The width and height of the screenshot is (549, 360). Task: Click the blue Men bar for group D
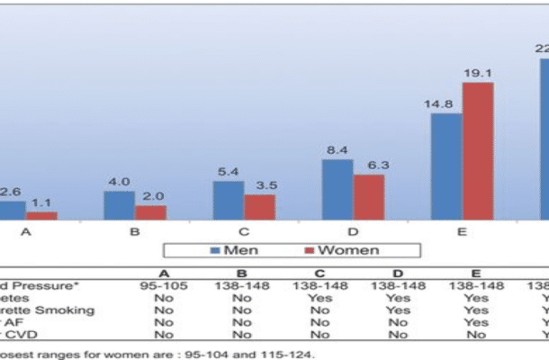(337, 189)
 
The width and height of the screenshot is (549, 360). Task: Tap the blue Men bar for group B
(119, 205)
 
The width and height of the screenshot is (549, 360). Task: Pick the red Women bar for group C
(259, 207)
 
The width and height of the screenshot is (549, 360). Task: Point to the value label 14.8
(445, 104)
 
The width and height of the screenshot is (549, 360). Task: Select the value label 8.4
(337, 150)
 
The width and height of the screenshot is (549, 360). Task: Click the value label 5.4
(229, 172)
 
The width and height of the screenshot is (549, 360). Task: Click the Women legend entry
(342, 249)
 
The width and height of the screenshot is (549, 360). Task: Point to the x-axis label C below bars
(244, 231)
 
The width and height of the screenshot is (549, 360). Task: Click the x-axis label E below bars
(462, 231)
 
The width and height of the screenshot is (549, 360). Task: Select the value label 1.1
(41, 203)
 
